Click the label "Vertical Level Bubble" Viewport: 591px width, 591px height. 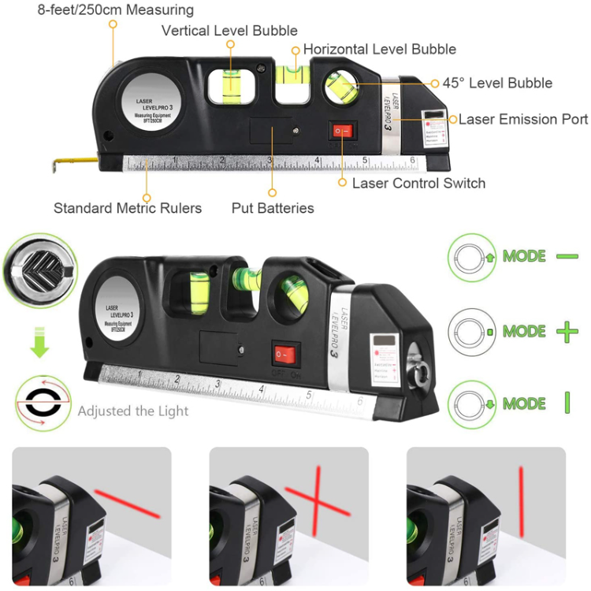coord(229,31)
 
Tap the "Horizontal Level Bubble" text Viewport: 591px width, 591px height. coord(379,49)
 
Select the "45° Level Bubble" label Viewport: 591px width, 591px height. coord(497,83)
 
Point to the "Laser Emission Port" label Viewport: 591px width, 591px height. coord(523,119)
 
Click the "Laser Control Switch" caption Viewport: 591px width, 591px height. coord(418,183)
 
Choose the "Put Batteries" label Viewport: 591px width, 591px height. coord(273,208)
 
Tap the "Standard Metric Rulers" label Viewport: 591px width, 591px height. coord(128,208)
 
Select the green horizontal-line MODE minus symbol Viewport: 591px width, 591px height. coord(567,256)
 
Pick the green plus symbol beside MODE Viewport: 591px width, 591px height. coord(567,331)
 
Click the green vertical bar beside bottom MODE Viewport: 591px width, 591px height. coord(567,403)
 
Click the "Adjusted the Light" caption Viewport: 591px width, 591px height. coord(133,411)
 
